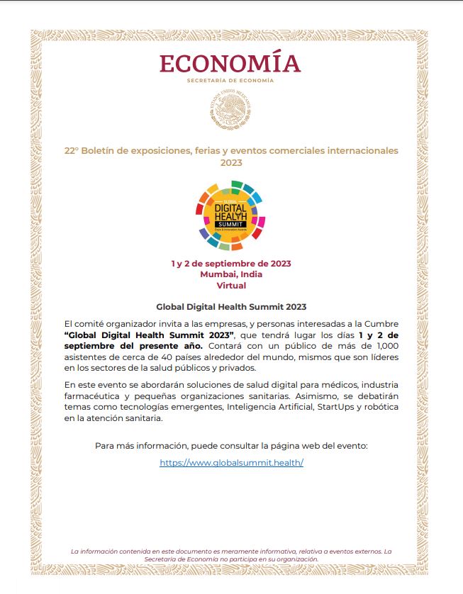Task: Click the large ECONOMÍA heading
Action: point(230,63)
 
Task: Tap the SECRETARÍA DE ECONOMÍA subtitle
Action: point(230,81)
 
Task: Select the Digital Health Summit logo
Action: point(230,216)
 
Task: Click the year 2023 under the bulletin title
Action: point(231,162)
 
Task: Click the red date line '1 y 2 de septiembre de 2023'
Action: point(231,264)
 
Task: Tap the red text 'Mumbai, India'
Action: point(231,274)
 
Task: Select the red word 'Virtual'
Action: point(231,286)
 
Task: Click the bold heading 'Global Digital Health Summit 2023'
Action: point(231,307)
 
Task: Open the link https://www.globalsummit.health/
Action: point(231,462)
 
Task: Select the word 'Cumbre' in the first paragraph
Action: point(382,323)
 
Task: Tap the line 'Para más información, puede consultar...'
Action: point(231,446)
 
